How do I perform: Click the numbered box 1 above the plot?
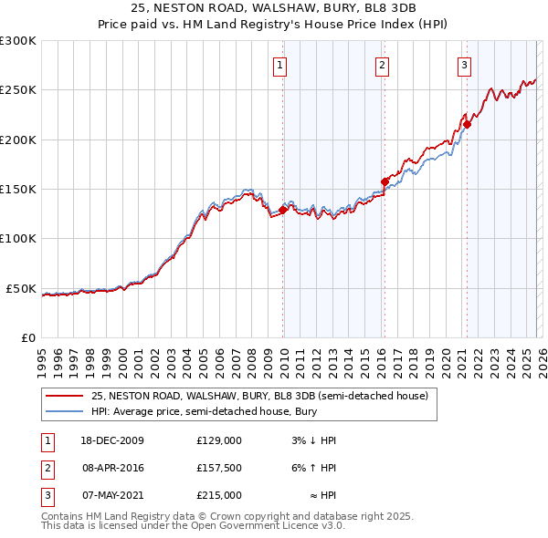[279, 65]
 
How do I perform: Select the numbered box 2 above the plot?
[381, 65]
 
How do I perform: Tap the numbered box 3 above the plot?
[464, 65]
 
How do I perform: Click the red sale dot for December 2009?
[283, 210]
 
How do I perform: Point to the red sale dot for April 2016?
[385, 181]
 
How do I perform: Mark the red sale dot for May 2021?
[467, 124]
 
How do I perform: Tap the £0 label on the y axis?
[27, 337]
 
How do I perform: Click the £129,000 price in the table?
[219, 440]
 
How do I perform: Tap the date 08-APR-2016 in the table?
[112, 468]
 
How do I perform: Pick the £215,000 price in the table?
[219, 495]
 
